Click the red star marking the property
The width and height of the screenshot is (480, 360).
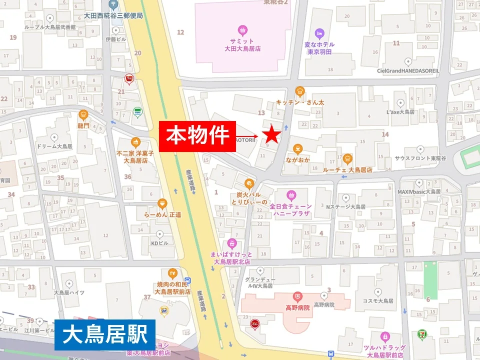271,134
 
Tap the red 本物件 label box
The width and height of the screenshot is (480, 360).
197,136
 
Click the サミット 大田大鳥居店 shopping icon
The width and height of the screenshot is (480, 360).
242,30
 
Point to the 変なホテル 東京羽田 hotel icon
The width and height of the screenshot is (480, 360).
319,33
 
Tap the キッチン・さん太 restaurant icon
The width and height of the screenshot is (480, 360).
300,91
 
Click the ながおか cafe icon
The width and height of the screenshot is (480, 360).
298,148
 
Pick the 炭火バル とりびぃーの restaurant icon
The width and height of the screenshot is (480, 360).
249,183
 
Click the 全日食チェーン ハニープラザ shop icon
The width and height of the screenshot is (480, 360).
291,194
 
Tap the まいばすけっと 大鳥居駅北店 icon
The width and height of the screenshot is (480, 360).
231,243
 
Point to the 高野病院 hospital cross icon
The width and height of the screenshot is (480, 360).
298,296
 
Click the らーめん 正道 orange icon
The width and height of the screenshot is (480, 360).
162,203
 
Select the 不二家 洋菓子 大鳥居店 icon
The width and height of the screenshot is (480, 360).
135,142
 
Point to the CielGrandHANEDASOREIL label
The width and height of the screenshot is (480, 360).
408,71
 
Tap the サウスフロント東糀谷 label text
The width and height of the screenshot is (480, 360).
420,158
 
